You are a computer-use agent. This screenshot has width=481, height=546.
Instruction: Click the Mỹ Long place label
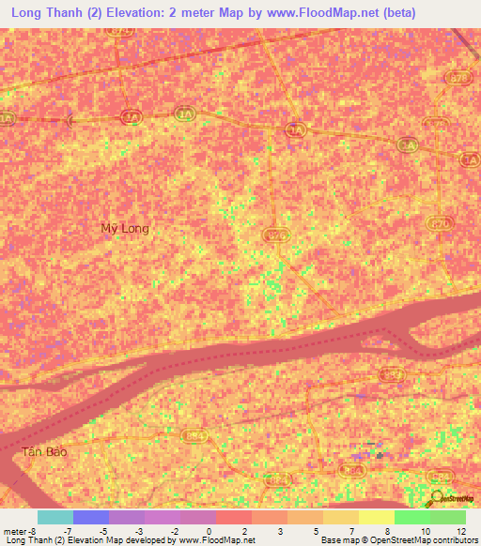tap(125, 228)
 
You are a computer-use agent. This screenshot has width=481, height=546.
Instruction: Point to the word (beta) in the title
tap(396, 14)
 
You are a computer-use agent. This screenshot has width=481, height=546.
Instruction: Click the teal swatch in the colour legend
tap(54, 517)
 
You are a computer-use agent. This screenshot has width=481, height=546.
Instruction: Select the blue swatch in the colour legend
tap(90, 517)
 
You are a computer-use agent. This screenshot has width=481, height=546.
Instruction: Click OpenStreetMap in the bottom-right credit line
tap(391, 541)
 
